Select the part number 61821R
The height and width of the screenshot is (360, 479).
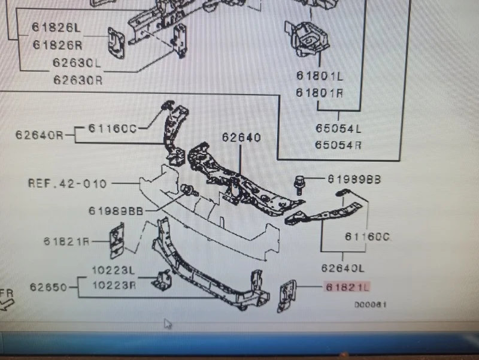tap(66, 241)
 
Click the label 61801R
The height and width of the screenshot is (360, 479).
tap(319, 93)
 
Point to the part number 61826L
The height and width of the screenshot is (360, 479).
tap(56, 28)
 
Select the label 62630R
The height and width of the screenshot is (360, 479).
tap(77, 79)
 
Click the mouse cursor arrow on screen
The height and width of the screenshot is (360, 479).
tap(168, 324)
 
